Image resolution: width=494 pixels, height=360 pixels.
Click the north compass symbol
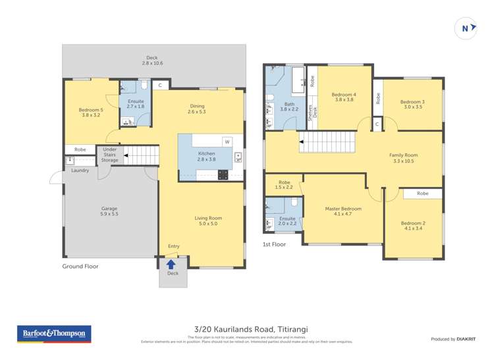pyautogui.click(x=466, y=28)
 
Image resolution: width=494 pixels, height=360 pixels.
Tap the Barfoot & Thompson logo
pyautogui.click(x=54, y=334)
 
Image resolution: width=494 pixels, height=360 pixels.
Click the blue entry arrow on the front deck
pyautogui.click(x=172, y=264)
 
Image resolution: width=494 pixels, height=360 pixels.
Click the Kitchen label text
pyautogui.click(x=207, y=153)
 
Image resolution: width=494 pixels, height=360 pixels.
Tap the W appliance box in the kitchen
pyautogui.click(x=227, y=141)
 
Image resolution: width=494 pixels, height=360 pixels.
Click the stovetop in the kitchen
pyautogui.click(x=223, y=174)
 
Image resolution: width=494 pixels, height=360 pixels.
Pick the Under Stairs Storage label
pyautogui.click(x=110, y=155)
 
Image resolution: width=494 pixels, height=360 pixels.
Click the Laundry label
pyautogui.click(x=80, y=170)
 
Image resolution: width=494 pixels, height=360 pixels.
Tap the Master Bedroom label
pyautogui.click(x=343, y=209)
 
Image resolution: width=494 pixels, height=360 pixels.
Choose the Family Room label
pyautogui.click(x=403, y=155)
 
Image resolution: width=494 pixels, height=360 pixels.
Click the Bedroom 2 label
pyautogui.click(x=413, y=223)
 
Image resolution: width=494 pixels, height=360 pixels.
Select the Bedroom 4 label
pyautogui.click(x=344, y=95)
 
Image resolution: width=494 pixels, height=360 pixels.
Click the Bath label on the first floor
pyautogui.click(x=289, y=104)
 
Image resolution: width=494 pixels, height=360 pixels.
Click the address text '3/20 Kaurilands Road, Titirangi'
pyautogui.click(x=247, y=329)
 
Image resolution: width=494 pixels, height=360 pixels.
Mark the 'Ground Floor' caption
pyautogui.click(x=80, y=266)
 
